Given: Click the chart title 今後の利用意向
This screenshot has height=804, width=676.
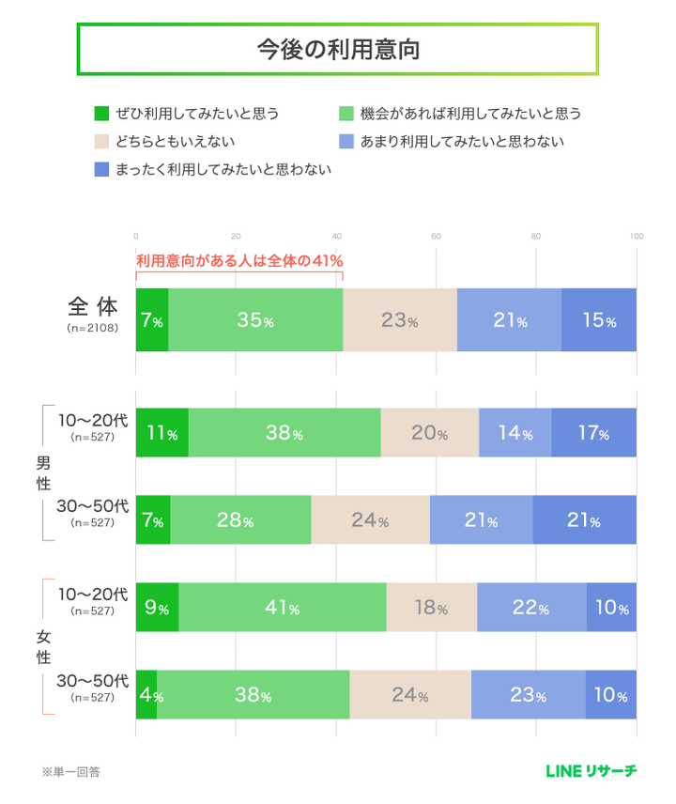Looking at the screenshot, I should point(337,50).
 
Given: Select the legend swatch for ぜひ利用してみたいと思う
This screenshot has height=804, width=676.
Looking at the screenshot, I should point(102,114).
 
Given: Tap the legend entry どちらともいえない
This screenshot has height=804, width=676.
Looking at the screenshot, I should point(175,142).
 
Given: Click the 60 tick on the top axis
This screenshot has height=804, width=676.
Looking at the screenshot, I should point(437,236).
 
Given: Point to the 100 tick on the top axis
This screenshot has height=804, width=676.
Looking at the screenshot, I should point(636,236).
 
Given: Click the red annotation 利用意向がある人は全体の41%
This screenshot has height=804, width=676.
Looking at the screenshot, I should point(239,260).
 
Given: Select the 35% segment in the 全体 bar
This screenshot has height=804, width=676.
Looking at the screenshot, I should point(255,320).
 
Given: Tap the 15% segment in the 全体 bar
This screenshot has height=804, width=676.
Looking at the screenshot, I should point(598,320).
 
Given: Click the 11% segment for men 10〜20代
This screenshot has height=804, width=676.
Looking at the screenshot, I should point(161,433).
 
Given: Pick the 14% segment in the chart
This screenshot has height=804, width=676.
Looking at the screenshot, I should point(515,433).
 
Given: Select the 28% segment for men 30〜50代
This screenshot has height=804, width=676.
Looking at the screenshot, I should point(240,519).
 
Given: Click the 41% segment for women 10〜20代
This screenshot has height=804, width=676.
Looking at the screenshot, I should point(282,608).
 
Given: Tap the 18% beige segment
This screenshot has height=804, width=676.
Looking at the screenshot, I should point(431,608).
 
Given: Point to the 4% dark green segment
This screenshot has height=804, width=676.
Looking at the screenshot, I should point(146,696).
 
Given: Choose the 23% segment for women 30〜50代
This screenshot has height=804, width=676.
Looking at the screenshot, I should point(528,696).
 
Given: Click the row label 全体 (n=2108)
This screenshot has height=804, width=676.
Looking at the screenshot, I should point(93,315).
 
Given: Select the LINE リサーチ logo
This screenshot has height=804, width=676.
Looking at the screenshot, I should point(591,771).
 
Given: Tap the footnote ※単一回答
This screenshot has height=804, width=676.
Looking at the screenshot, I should point(70,772).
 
